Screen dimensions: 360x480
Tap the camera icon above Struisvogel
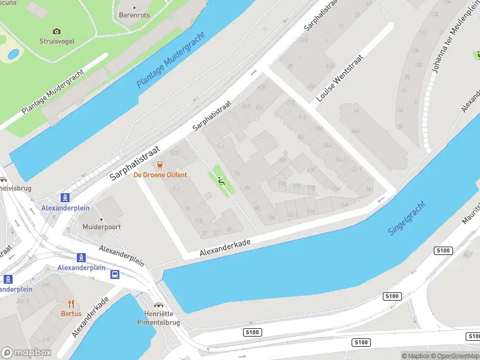[x=56, y=31]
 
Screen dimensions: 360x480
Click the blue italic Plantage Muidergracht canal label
[x=171, y=60]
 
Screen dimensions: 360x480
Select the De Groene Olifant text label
[x=160, y=175]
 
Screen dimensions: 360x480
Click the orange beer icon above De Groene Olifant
[x=160, y=164]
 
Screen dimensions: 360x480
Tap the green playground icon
[x=221, y=181]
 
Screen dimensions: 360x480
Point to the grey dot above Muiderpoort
[x=101, y=219]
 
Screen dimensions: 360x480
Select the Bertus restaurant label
[x=70, y=314]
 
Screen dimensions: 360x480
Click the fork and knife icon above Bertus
[x=70, y=304]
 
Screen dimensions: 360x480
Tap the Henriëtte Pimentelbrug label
[x=158, y=317]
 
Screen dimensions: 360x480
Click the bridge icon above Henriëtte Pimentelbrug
[x=158, y=305]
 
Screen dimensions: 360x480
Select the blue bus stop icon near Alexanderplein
[x=115, y=274]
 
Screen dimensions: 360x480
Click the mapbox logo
[x=26, y=352]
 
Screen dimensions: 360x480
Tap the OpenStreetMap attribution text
[x=453, y=356]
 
